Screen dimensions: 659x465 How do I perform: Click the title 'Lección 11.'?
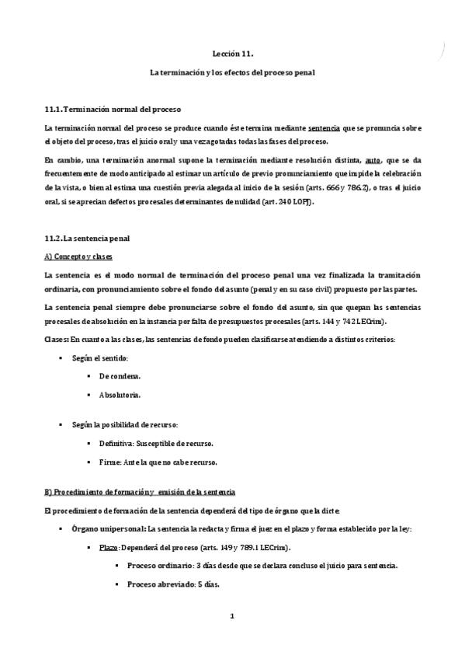(232, 54)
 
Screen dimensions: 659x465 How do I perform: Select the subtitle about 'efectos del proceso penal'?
(232, 71)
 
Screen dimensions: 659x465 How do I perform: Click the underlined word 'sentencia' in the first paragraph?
(324, 127)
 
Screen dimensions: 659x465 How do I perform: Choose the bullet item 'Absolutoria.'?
(120, 395)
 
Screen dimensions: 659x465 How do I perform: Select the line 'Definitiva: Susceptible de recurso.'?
(156, 443)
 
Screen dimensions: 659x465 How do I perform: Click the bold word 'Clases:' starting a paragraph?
(56, 339)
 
